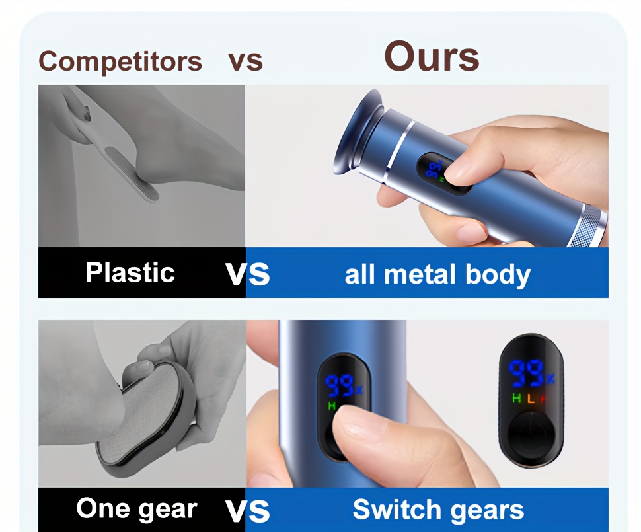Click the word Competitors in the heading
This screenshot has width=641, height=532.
(120, 62)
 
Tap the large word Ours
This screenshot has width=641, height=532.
(432, 57)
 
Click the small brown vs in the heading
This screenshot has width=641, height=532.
(245, 61)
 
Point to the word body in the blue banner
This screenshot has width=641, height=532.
(498, 275)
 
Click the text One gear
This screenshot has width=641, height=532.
(137, 509)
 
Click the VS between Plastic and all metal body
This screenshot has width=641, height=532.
(247, 274)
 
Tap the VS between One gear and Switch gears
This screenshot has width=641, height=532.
(247, 511)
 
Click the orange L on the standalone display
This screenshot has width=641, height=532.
(531, 399)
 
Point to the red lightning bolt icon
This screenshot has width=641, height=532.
(542, 399)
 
